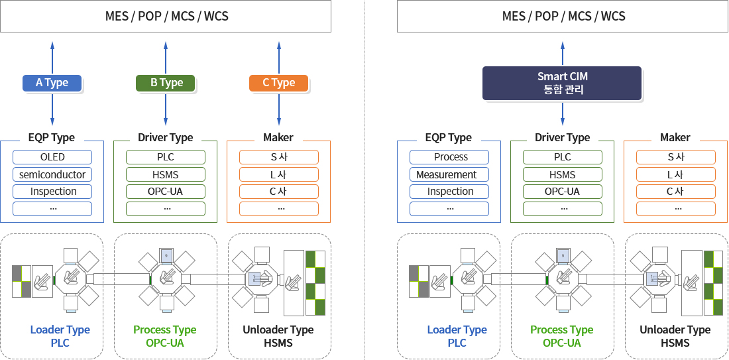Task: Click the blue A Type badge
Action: (52, 83)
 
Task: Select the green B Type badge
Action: (166, 83)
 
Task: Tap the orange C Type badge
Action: (278, 83)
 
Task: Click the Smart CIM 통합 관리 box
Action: (562, 84)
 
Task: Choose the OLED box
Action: (52, 157)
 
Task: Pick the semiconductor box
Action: (52, 174)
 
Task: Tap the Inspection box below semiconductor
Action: (52, 192)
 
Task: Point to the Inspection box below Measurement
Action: (449, 192)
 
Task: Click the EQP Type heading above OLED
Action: (52, 137)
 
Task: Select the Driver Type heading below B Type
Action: (166, 137)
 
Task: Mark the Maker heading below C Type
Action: (278, 137)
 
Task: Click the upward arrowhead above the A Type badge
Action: (52, 44)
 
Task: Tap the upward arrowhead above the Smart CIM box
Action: (563, 44)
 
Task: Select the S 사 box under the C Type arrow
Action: (279, 157)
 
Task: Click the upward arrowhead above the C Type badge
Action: (279, 44)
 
